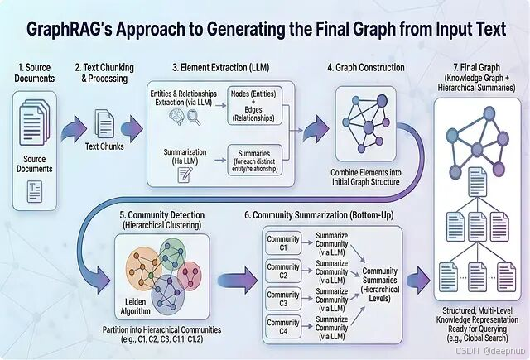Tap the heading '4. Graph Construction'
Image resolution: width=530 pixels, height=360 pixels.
coord(366,67)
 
